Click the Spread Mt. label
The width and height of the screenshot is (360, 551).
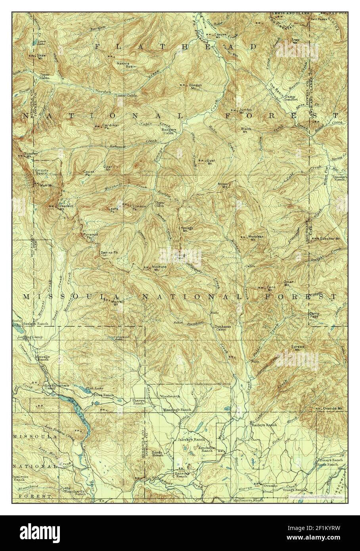click(299, 348)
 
